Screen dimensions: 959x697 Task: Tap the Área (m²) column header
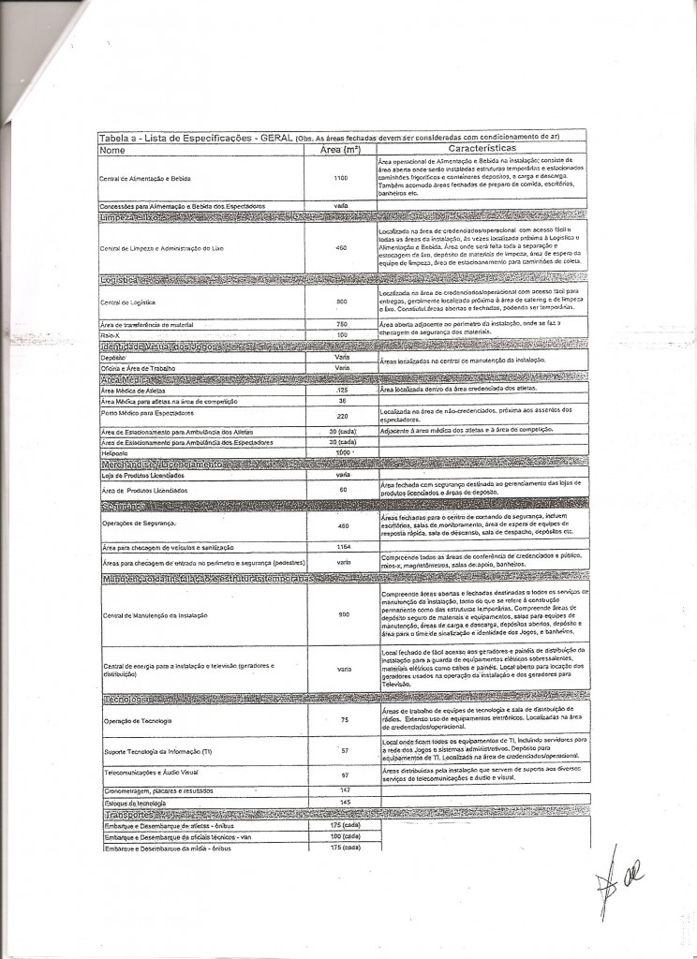coord(340,148)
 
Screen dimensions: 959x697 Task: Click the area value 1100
coord(340,178)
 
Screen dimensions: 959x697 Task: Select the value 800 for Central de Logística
coord(341,302)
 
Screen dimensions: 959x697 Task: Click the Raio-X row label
coord(111,334)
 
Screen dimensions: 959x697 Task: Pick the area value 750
coord(341,324)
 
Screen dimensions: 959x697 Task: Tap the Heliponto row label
coord(113,452)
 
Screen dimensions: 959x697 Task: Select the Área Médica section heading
coord(126,379)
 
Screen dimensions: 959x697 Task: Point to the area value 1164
coord(342,546)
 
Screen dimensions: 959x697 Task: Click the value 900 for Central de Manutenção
coord(343,614)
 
